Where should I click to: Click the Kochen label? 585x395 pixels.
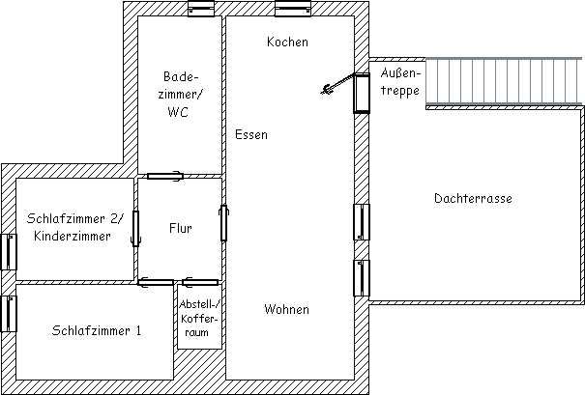(x=287, y=42)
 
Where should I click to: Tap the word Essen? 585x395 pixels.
(x=251, y=134)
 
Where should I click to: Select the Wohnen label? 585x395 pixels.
(x=286, y=309)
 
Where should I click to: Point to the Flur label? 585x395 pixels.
(x=181, y=228)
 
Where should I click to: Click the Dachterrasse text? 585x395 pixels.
(x=473, y=198)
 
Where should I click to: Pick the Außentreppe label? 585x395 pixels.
(x=400, y=82)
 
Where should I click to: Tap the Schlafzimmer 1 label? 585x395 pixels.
(x=97, y=330)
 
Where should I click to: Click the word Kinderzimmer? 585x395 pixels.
(x=73, y=236)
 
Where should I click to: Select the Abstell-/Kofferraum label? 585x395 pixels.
(x=198, y=318)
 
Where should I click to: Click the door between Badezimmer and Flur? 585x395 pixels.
(x=165, y=176)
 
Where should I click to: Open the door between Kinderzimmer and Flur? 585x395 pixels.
(x=135, y=229)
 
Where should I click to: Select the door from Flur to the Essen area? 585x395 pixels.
(x=223, y=223)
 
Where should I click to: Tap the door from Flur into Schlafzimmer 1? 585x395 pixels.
(x=156, y=282)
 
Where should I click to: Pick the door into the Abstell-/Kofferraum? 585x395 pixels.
(x=200, y=282)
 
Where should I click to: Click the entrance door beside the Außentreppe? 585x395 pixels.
(x=362, y=93)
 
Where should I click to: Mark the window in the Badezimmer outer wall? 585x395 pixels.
(x=201, y=9)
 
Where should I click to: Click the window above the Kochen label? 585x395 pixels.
(x=293, y=9)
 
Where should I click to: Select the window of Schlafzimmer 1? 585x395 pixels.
(x=9, y=314)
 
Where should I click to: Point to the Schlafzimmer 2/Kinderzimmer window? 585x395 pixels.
(x=9, y=252)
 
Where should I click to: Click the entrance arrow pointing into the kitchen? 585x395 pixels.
(x=336, y=83)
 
